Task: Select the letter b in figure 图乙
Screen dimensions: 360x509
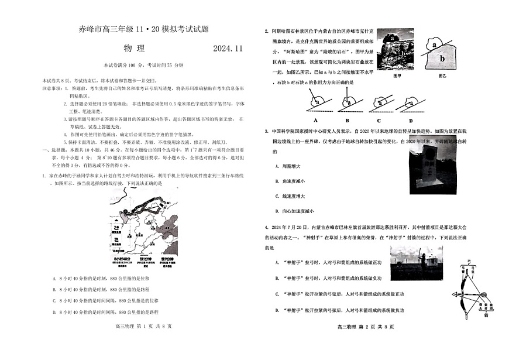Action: [442, 59]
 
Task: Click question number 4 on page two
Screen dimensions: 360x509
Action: [266, 225]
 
